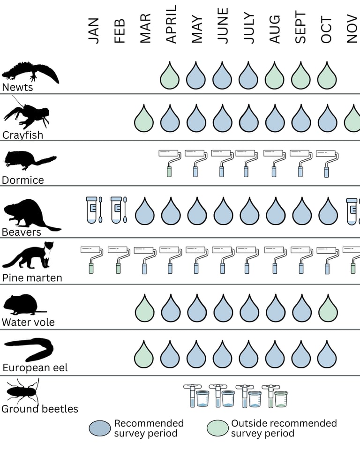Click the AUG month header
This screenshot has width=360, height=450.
tap(275, 29)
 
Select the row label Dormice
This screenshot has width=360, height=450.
tap(22, 180)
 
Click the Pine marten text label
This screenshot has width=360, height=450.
tap(32, 277)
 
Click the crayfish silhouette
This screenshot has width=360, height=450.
tap(26, 115)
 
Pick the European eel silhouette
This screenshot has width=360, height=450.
tap(29, 350)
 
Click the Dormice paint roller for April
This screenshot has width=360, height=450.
tap(170, 162)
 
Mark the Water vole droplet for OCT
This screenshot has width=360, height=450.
tap(328, 309)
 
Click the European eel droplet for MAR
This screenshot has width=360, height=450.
tap(144, 355)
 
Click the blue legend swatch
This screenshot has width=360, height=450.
tap(100, 427)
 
